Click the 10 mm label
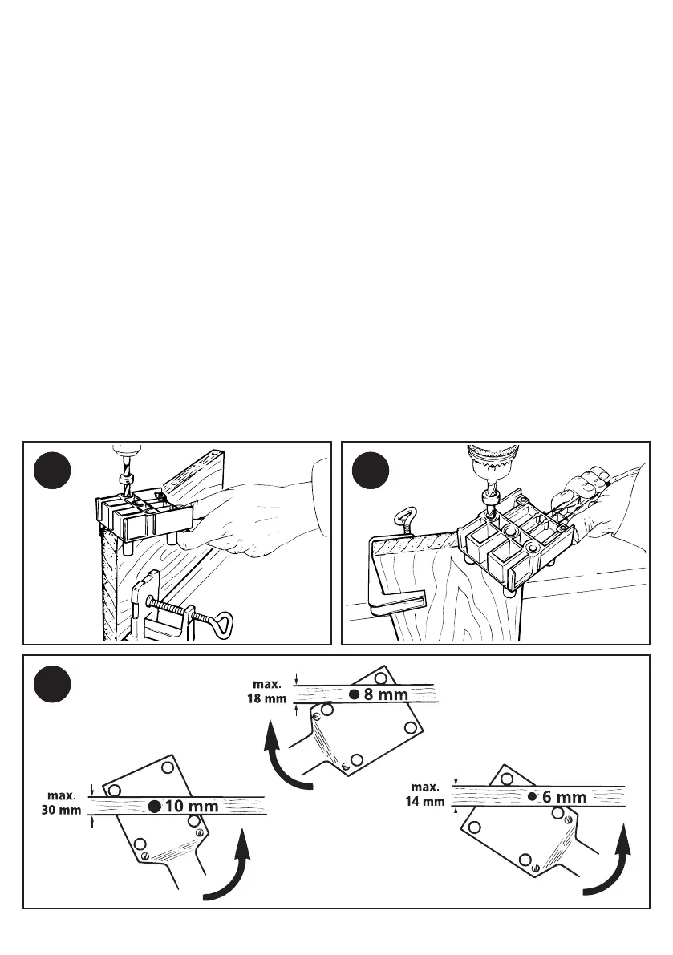[x=192, y=807]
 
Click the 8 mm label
[x=386, y=695]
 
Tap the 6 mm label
[x=564, y=797]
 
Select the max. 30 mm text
[x=61, y=803]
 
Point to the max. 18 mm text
[x=265, y=691]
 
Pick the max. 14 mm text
[x=425, y=794]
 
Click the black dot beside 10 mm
[x=155, y=807]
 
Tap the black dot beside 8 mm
[x=354, y=695]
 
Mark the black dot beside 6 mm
[x=532, y=797]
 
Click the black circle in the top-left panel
[x=53, y=470]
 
